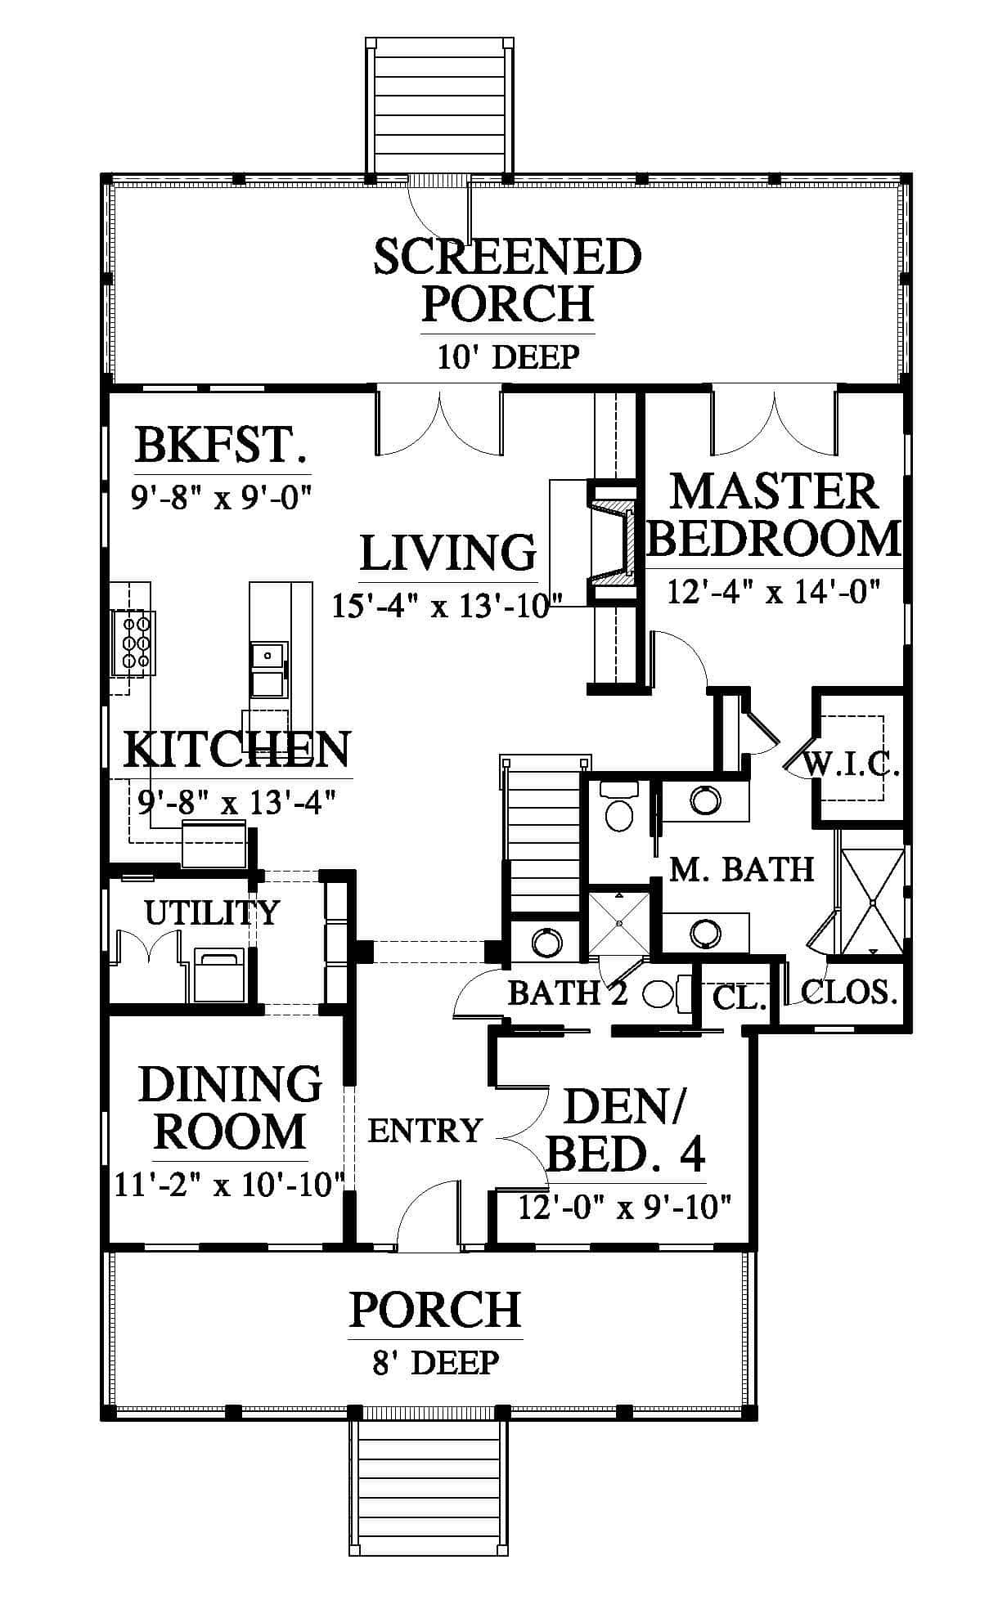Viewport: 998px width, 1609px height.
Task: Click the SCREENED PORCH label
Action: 508,280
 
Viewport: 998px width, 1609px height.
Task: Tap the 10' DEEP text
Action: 508,357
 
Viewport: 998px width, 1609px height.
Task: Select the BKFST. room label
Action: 222,446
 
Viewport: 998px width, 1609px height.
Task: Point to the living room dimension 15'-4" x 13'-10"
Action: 447,606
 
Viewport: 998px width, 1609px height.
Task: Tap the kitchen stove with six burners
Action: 133,643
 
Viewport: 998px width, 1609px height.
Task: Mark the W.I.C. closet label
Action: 852,765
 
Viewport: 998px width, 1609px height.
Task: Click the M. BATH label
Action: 742,868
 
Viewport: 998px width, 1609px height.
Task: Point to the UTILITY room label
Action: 212,912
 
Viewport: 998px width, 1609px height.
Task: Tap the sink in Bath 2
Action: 546,942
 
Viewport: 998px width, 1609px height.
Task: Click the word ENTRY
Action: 425,1131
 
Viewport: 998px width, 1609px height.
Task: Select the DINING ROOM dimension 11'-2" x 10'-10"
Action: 228,1184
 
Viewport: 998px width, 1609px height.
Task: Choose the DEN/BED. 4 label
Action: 625,1131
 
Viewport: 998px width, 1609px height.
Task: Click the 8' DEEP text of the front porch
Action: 435,1362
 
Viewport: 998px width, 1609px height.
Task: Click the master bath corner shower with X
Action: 873,902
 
